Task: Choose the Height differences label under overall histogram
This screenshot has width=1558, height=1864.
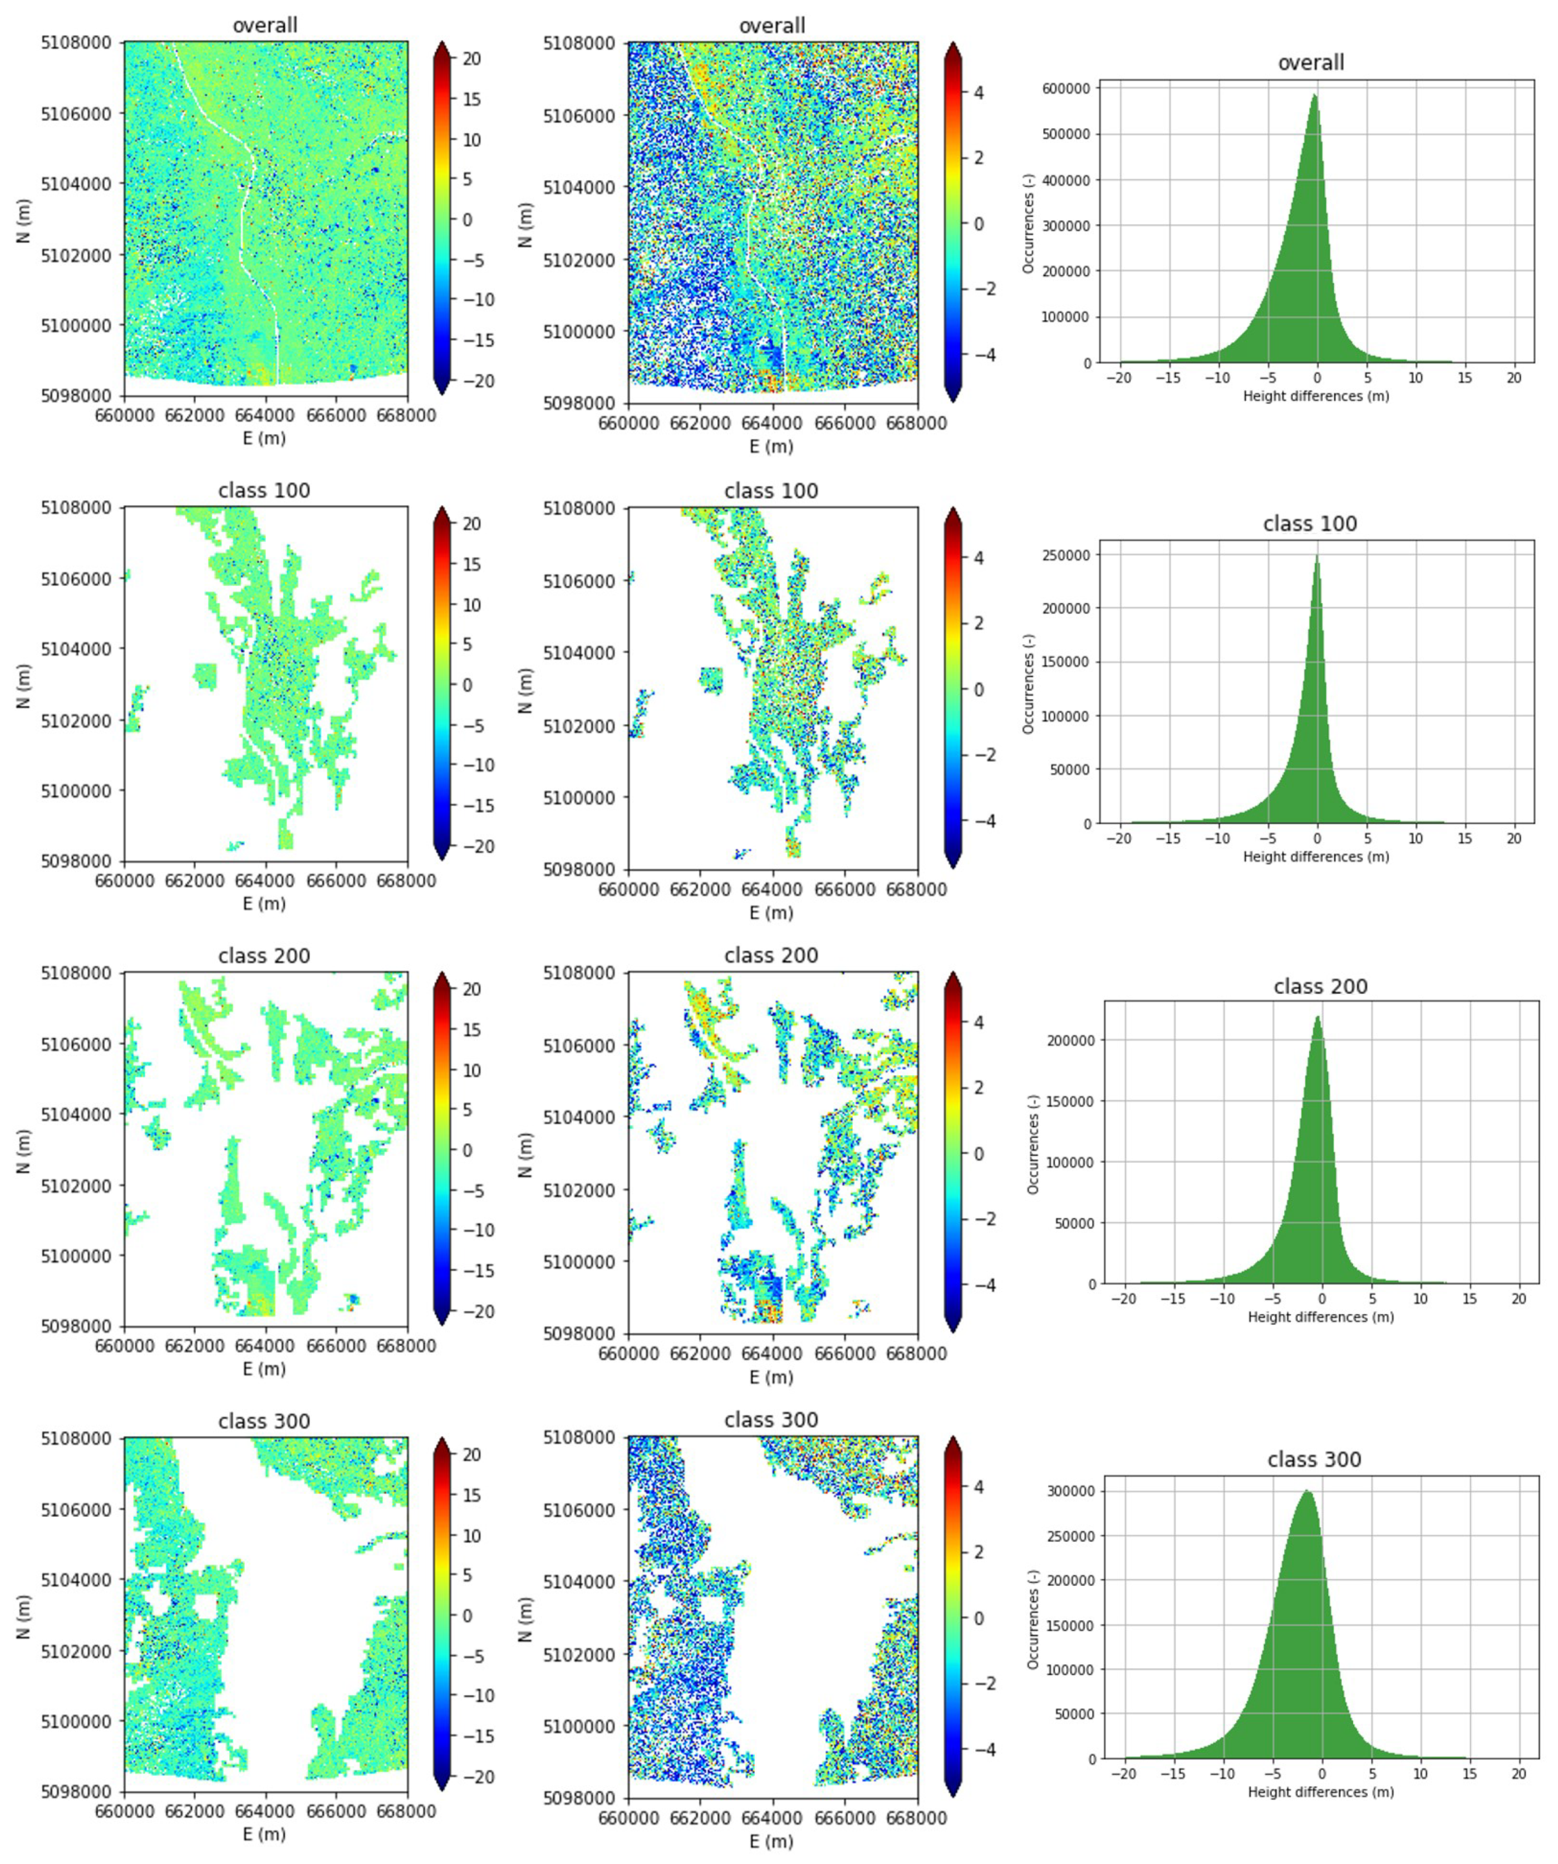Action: (x=1316, y=396)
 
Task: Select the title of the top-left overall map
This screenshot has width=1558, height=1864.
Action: (x=264, y=26)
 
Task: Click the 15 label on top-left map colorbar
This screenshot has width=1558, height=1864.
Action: (x=472, y=100)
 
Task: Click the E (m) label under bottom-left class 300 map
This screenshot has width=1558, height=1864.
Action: (x=264, y=1834)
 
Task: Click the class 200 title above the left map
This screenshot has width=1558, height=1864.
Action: (x=264, y=956)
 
